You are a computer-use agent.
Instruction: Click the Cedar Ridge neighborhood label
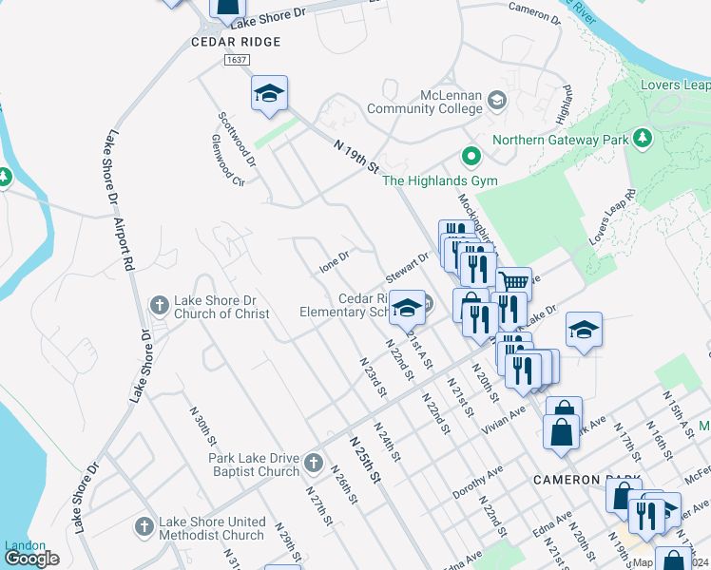pyautogui.click(x=236, y=42)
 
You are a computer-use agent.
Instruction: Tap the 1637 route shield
pyautogui.click(x=238, y=60)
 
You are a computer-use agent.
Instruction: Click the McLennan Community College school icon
pyautogui.click(x=496, y=101)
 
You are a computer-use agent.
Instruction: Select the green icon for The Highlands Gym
pyautogui.click(x=469, y=155)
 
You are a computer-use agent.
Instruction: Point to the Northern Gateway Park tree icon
pyautogui.click(x=644, y=139)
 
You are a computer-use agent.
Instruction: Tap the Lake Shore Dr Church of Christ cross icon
pyautogui.click(x=159, y=306)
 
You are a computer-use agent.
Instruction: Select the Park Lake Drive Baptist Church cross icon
pyautogui.click(x=316, y=465)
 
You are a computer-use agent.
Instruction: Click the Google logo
pyautogui.click(x=31, y=559)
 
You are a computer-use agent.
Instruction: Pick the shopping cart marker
pyautogui.click(x=513, y=282)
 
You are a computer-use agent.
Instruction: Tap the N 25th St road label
pyautogui.click(x=364, y=459)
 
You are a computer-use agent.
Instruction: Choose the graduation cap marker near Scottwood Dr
pyautogui.click(x=269, y=93)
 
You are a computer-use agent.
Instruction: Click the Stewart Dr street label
pyautogui.click(x=408, y=267)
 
